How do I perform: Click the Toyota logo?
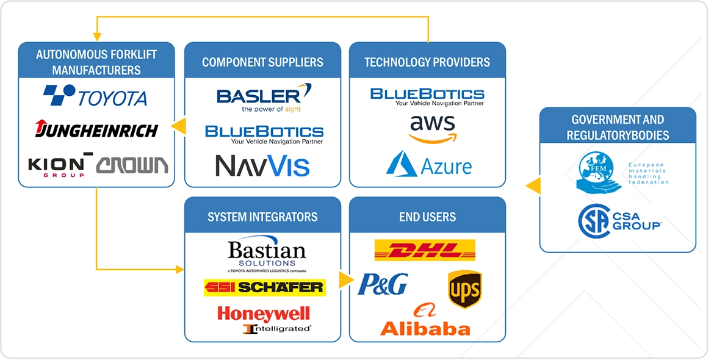95,96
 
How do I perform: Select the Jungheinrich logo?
96,129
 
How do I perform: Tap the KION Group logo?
56,166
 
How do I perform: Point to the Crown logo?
132,165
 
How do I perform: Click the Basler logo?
264,99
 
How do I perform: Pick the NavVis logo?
262,166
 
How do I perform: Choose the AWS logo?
432,129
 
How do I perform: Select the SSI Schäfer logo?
264,287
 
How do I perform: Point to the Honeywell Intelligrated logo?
264,320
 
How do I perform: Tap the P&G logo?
383,284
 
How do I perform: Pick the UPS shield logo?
464,289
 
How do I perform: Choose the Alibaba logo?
425,322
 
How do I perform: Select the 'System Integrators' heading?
262,217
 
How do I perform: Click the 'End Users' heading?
427,217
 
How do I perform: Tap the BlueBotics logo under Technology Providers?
427,96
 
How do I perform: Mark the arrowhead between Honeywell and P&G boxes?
347,279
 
